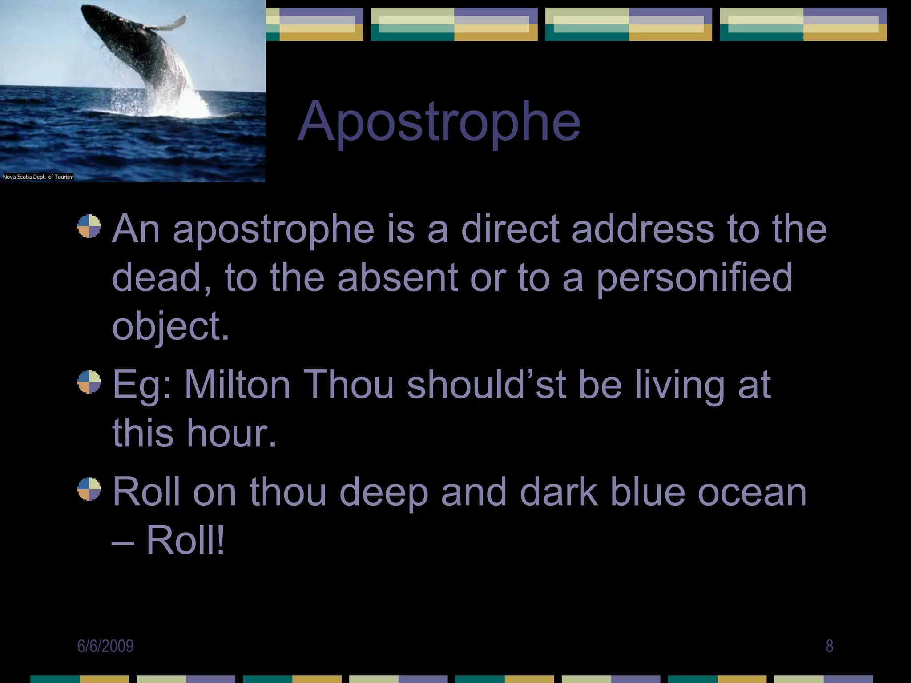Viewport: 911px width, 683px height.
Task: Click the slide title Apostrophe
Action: [439, 122]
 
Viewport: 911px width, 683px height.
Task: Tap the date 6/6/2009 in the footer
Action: [105, 646]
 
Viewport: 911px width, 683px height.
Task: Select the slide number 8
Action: [829, 646]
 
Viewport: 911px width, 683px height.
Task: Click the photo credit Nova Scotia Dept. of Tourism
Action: [38, 177]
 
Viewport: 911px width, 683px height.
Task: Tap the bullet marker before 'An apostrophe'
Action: [89, 226]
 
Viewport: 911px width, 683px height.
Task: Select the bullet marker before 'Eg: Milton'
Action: [89, 382]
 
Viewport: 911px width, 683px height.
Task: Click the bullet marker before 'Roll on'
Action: [89, 489]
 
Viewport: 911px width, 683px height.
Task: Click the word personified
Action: [694, 278]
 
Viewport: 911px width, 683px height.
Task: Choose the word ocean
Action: [752, 492]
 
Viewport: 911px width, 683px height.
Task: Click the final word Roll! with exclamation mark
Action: [185, 540]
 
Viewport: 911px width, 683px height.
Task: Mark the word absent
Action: [397, 278]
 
